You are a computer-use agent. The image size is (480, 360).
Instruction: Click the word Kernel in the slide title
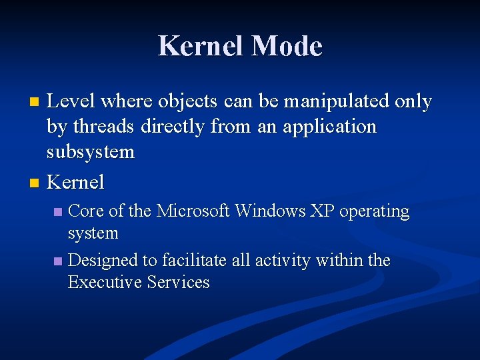click(201, 47)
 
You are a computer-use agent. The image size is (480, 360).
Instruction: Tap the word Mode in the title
click(287, 47)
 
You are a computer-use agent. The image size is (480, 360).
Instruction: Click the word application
click(329, 127)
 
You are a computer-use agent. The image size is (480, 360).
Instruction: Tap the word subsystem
click(91, 152)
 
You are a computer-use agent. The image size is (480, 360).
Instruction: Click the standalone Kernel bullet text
click(75, 181)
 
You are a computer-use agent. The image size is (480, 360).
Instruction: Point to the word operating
click(374, 212)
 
